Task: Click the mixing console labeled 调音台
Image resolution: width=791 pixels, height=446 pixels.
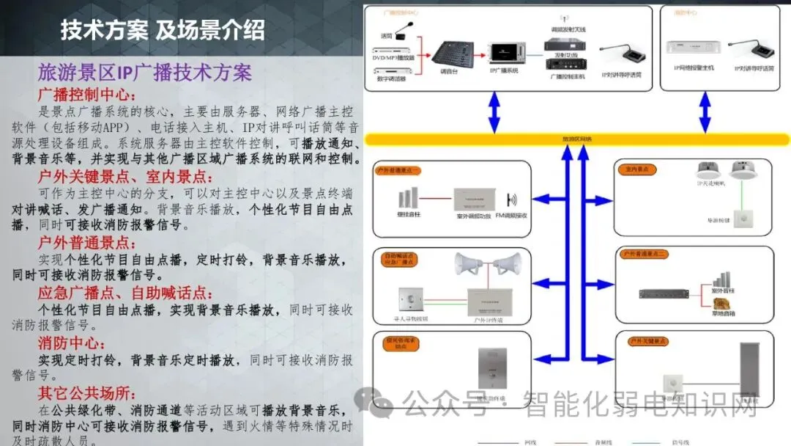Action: click(x=446, y=53)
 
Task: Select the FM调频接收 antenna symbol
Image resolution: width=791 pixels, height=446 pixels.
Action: click(x=512, y=200)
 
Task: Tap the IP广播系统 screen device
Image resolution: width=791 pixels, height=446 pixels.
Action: click(x=505, y=53)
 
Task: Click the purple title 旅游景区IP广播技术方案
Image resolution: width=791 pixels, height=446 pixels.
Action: click(x=145, y=73)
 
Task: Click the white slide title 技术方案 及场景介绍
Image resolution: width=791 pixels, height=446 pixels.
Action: click(x=163, y=30)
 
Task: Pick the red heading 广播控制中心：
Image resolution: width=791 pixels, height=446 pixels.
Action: click(x=87, y=95)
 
